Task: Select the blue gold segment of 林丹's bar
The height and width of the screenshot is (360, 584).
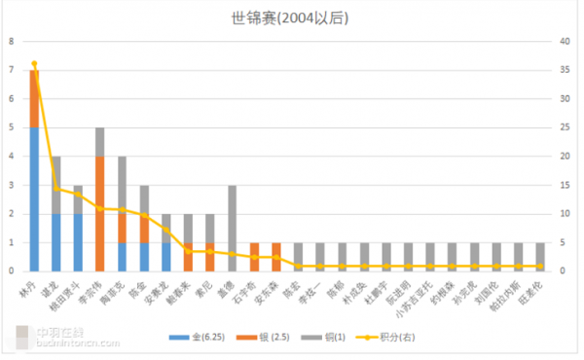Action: [35, 198]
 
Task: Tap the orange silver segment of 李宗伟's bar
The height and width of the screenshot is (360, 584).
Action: [100, 213]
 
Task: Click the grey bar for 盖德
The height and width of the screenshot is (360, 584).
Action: [232, 228]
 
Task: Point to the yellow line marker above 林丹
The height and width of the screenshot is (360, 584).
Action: [35, 64]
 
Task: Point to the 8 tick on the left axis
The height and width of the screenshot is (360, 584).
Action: [12, 42]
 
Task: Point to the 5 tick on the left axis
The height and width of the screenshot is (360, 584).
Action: [12, 127]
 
